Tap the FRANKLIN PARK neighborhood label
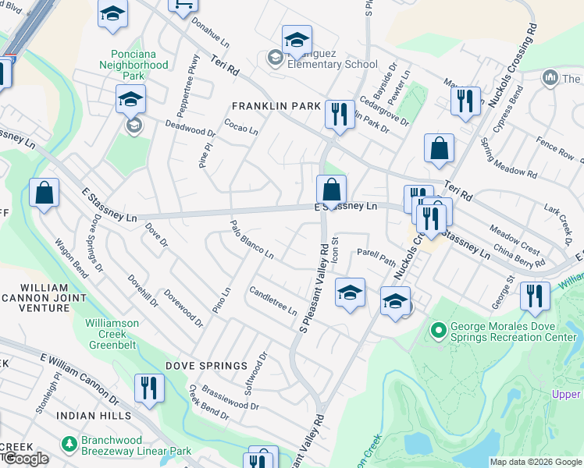(x=276, y=106)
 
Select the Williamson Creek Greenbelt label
(x=123, y=334)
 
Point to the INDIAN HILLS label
(x=94, y=416)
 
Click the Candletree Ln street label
(x=272, y=301)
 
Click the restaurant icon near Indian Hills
(x=147, y=387)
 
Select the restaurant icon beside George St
(x=534, y=295)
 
